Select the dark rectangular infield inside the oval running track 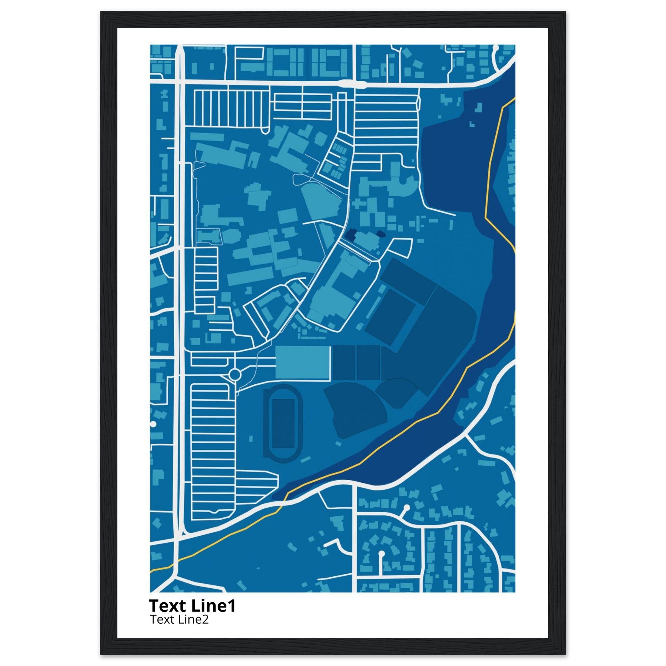[x=283, y=424]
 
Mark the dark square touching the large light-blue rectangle [x=343, y=363]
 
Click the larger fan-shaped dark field [x=355, y=410]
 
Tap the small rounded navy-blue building [x=381, y=234]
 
